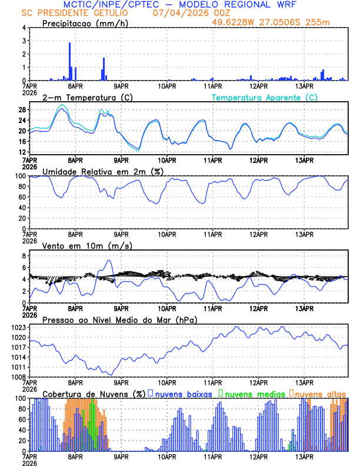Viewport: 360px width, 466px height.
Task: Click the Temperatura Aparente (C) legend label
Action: (264, 97)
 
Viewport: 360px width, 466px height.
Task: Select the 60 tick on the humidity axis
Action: (21, 197)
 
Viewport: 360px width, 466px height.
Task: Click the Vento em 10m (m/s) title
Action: (87, 245)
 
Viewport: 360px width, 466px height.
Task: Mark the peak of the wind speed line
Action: (109, 260)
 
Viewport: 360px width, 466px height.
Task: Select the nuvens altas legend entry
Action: (319, 393)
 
